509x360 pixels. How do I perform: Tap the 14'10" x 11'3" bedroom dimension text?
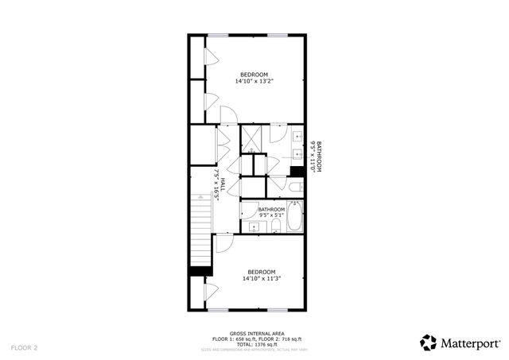262,278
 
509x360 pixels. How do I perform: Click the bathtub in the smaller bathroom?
295,218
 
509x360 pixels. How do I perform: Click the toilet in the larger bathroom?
294,188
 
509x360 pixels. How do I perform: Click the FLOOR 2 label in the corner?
24,347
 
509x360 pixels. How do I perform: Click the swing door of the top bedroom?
225,114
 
